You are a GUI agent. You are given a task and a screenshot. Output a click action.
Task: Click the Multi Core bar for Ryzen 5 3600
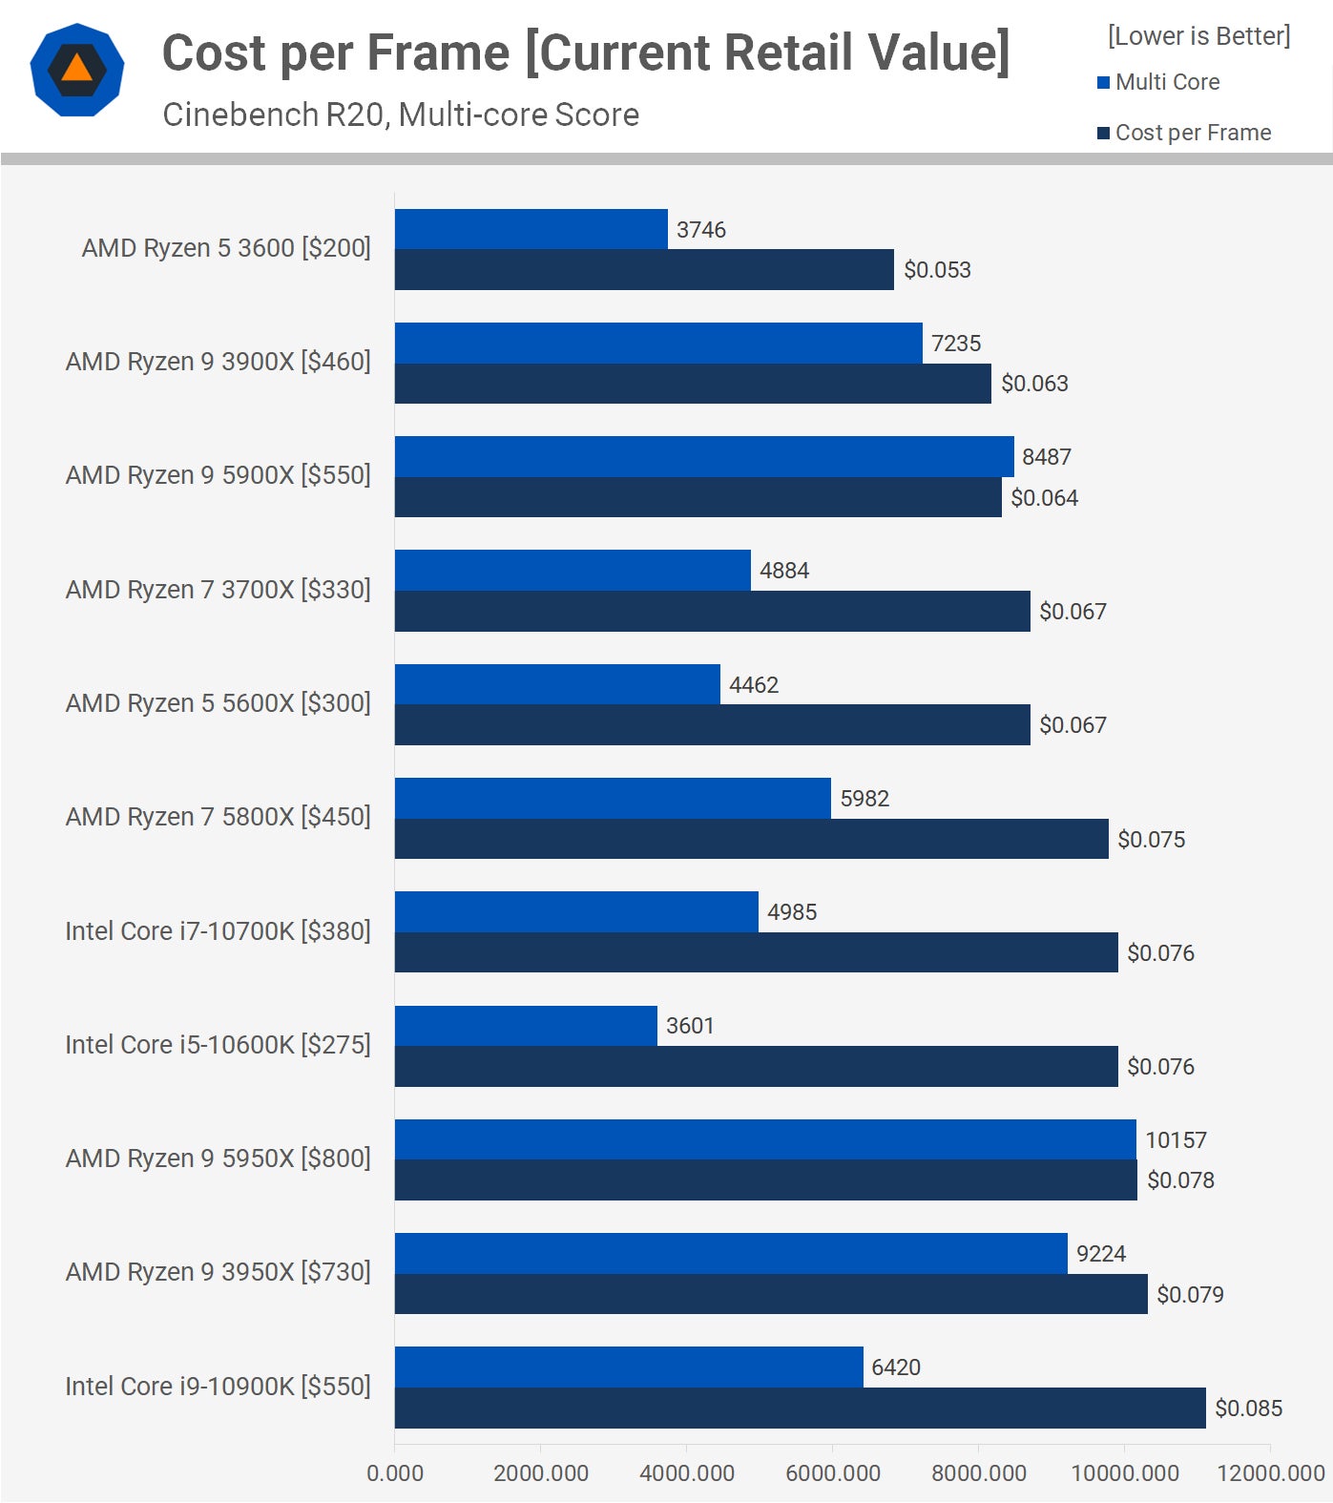531,229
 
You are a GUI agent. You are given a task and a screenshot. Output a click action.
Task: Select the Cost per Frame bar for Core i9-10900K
800,1408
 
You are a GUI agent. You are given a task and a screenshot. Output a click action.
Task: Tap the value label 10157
1176,1139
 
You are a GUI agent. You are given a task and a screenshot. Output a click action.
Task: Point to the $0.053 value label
937,270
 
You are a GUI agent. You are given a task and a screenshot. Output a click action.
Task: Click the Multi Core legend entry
1166,82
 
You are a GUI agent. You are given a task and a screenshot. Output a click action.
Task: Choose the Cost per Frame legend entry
1192,133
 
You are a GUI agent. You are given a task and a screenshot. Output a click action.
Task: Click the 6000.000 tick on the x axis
832,1472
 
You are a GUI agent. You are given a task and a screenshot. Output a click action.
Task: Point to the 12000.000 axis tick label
1270,1472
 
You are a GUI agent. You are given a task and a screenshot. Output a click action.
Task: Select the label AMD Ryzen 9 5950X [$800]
218,1159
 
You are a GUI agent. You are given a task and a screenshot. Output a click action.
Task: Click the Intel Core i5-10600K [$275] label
218,1045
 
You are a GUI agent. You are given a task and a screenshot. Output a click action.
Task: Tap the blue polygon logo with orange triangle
77,70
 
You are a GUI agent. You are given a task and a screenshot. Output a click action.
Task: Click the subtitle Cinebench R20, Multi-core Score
401,115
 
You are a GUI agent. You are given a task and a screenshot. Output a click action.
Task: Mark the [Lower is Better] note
1198,36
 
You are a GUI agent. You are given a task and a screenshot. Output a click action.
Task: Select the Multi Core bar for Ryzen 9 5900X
703,456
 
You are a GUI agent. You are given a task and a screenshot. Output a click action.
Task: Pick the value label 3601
690,1026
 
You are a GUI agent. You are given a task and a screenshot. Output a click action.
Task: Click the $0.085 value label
1248,1409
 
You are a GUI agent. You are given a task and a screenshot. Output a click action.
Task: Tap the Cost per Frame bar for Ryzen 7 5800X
751,839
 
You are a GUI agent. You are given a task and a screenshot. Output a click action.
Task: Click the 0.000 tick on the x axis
395,1472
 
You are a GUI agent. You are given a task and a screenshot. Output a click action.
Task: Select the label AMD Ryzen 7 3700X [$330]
218,590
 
